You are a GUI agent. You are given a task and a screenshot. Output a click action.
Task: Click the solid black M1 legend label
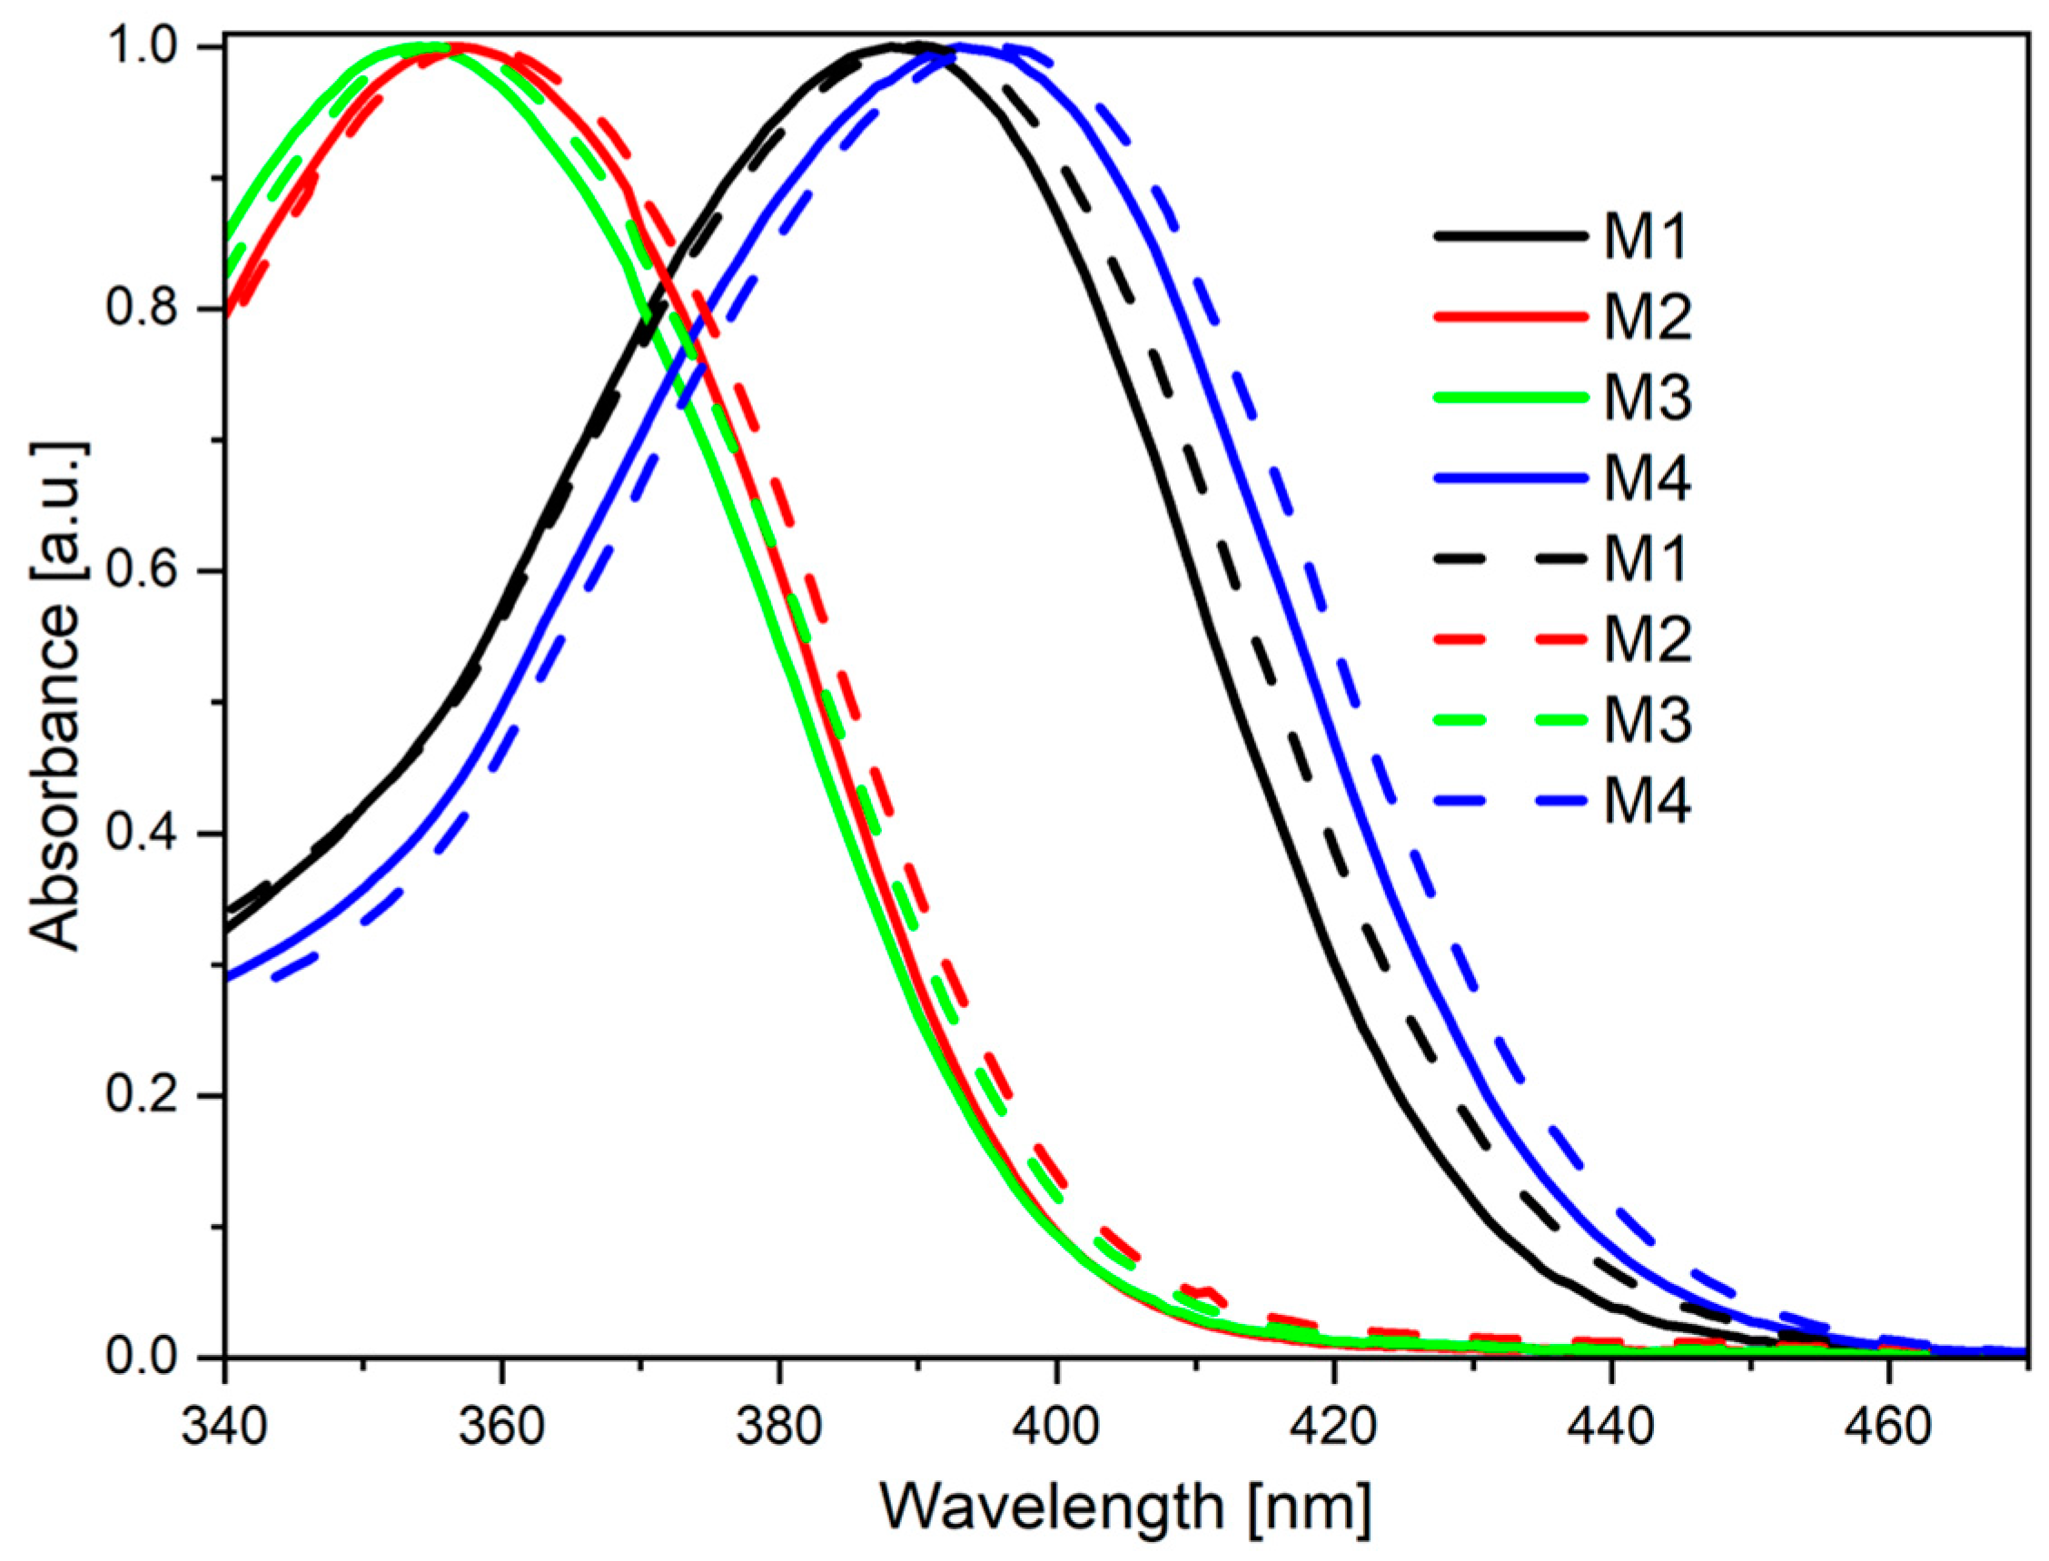tap(1646, 236)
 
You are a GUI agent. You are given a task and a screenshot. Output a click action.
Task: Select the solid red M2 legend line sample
tap(1511, 317)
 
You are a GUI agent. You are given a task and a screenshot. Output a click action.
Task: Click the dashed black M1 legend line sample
tap(1511, 559)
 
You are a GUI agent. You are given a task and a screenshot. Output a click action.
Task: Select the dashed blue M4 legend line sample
tap(1511, 801)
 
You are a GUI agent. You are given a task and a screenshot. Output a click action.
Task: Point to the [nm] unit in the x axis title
tap(1311, 1507)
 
